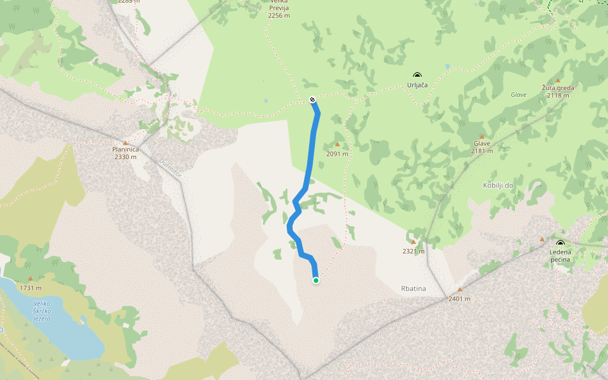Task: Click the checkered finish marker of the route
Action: click(312, 99)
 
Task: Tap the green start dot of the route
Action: click(315, 280)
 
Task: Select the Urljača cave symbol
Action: click(417, 75)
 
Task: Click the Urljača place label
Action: click(417, 85)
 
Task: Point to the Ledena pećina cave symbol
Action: click(560, 243)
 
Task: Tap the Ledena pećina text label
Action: click(560, 256)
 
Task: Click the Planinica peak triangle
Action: click(125, 142)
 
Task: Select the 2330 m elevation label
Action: click(125, 156)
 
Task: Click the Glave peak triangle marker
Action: click(481, 136)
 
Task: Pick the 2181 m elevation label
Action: click(482, 151)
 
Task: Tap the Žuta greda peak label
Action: click(558, 88)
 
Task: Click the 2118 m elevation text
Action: click(558, 95)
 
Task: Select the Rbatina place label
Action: click(414, 289)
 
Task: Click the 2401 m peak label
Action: click(460, 298)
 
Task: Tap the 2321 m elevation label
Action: click(414, 251)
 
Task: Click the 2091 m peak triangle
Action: click(337, 144)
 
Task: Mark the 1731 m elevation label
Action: click(30, 288)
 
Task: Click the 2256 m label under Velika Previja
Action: click(279, 16)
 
